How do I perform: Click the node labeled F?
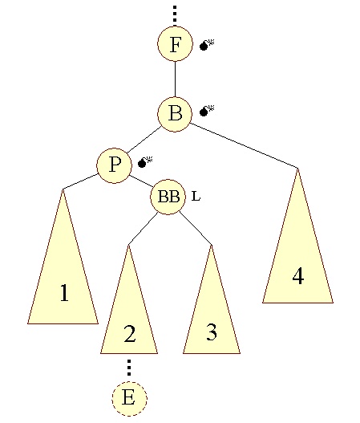(175, 43)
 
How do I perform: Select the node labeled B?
(175, 115)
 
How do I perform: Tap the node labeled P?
(114, 165)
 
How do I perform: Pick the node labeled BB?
(168, 197)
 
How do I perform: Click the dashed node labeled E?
(129, 399)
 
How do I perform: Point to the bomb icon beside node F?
(207, 45)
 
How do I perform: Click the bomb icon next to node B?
(207, 111)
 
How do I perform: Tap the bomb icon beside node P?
(145, 162)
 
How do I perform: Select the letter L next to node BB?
(196, 196)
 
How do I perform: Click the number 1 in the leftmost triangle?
(64, 292)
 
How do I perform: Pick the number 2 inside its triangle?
(130, 333)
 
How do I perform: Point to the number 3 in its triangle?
(212, 331)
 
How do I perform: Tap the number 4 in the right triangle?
(298, 275)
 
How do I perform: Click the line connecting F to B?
(175, 79)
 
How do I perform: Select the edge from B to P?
(144, 140)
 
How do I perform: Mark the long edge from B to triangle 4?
(244, 145)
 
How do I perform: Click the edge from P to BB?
(141, 181)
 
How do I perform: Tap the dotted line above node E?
(129, 368)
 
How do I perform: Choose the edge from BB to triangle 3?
(196, 229)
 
